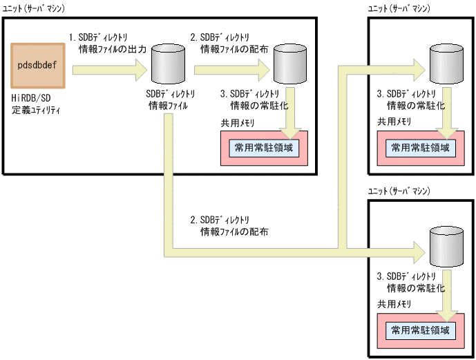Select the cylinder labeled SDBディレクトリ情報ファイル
(167, 66)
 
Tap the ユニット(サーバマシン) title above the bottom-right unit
(399, 190)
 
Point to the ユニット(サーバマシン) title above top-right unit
(399, 8)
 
